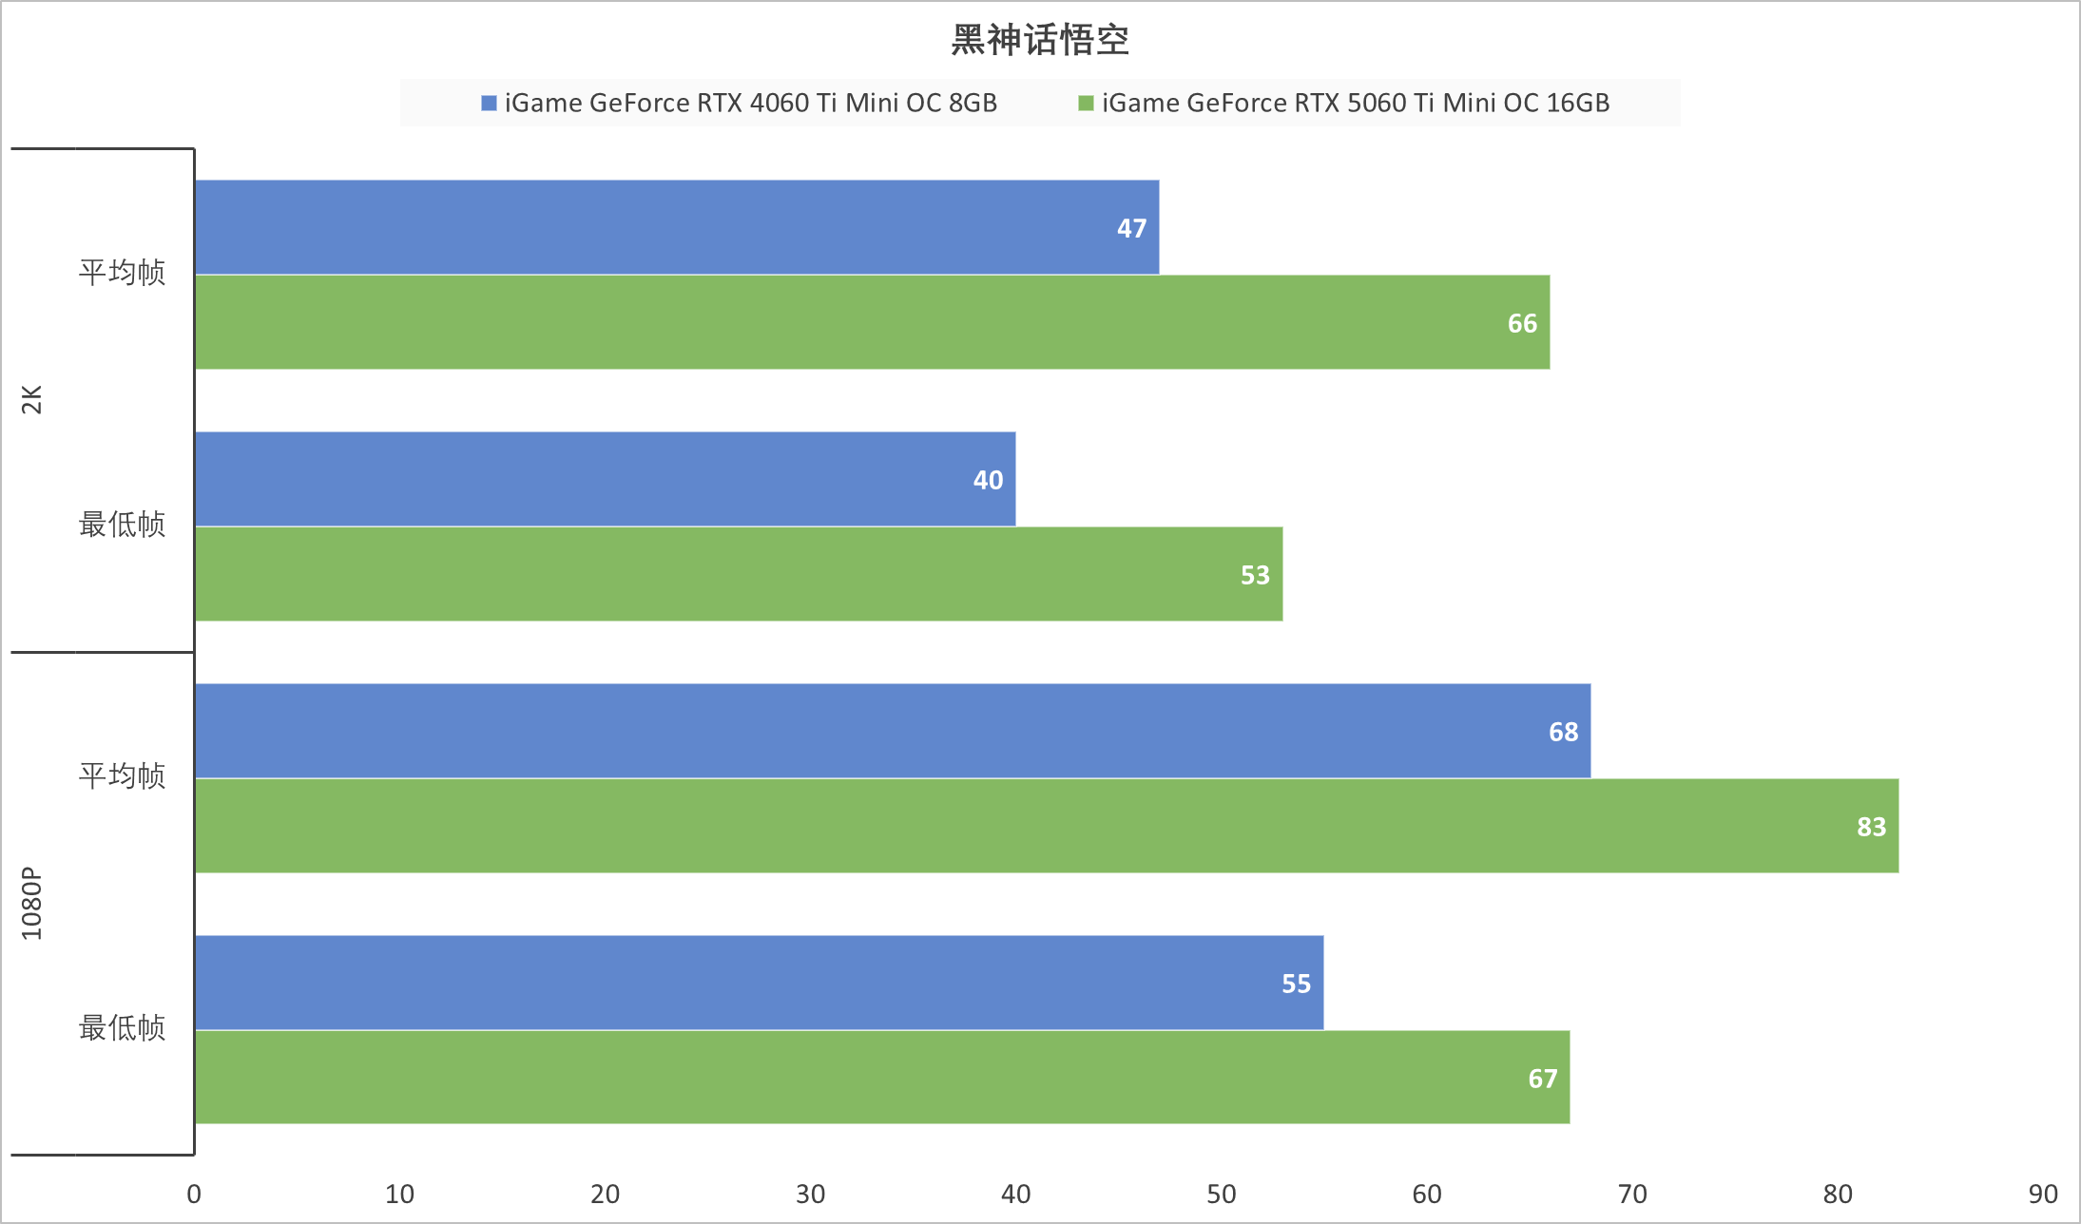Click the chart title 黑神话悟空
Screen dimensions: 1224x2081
point(1040,41)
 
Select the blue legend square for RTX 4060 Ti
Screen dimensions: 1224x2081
point(489,103)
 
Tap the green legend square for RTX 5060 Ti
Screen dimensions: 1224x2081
point(1086,103)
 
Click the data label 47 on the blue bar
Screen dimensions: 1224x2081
point(1131,228)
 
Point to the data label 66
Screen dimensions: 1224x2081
point(1522,323)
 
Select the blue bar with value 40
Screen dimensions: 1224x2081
point(605,479)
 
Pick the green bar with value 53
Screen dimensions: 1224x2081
point(739,574)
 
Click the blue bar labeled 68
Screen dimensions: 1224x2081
point(892,731)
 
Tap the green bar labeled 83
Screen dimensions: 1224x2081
point(1046,826)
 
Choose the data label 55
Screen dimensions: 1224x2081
point(1296,984)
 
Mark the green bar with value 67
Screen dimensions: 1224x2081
point(881,1078)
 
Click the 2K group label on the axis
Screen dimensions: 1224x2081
point(32,400)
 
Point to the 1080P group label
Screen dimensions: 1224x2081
point(32,903)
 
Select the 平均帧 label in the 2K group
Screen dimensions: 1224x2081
point(122,273)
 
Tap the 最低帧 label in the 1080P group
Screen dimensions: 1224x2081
point(122,1027)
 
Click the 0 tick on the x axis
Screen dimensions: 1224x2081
point(194,1194)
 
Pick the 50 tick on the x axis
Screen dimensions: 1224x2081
point(1221,1194)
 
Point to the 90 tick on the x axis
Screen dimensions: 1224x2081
point(2043,1194)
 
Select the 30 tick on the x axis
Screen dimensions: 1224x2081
point(810,1194)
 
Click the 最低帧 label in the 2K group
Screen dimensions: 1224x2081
point(122,524)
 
